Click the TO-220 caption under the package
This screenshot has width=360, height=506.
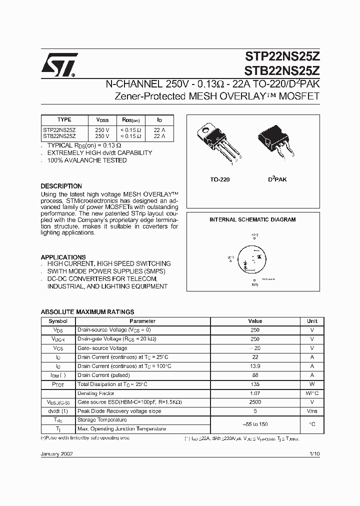point(220,178)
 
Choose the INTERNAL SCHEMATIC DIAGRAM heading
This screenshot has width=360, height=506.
point(252,219)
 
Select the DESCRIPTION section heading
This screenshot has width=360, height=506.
point(61,186)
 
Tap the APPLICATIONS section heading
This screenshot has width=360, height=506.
point(63,257)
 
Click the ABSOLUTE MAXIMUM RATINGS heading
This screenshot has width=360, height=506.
point(87,311)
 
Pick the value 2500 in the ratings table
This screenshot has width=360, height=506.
point(255,402)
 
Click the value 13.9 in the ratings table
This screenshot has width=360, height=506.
point(255,366)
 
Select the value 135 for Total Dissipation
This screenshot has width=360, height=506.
point(255,384)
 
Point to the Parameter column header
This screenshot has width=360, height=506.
point(142,321)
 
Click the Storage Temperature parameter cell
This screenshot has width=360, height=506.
point(102,420)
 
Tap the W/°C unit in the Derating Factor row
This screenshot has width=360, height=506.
point(312,393)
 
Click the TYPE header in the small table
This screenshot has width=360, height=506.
point(64,119)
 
